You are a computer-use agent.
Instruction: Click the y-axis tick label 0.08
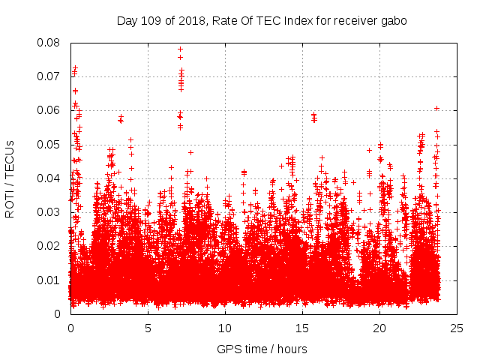coord(49,43)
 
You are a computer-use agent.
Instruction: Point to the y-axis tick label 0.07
coord(49,76)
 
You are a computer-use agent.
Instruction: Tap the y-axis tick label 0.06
coord(49,110)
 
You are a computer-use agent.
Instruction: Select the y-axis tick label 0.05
coord(49,144)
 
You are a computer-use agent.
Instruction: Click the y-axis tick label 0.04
coord(49,178)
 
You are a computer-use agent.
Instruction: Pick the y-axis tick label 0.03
coord(49,212)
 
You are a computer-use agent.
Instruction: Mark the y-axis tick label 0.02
coord(49,246)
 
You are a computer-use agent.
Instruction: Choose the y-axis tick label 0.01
coord(49,280)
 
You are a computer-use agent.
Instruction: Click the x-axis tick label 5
coord(148,328)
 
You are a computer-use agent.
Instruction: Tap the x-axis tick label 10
coord(225,328)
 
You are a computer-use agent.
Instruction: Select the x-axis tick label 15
coord(302,328)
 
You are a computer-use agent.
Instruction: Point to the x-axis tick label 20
coord(379,328)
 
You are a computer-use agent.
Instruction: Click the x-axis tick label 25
coord(457,328)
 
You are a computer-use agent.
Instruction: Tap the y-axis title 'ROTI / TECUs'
coord(10,178)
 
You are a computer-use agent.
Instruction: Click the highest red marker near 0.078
coord(180,49)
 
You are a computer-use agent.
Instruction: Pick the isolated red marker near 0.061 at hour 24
coord(436,108)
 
